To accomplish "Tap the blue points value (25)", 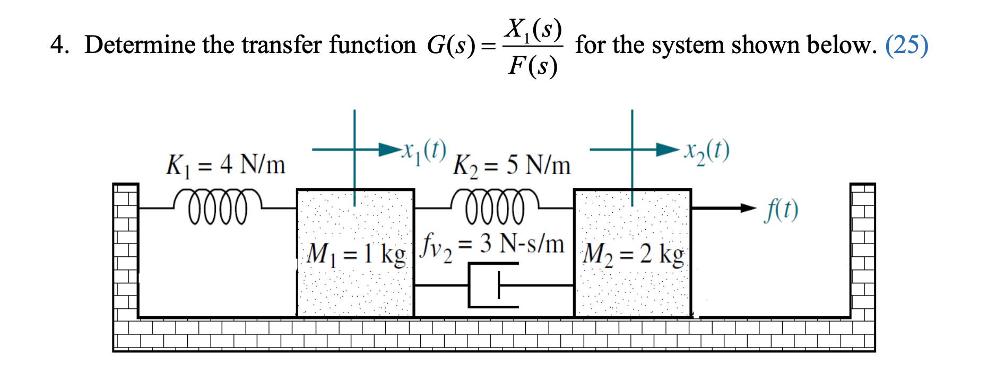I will pyautogui.click(x=906, y=45).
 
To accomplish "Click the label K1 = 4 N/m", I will pyautogui.click(x=226, y=165).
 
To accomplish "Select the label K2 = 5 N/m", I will pyautogui.click(x=512, y=166).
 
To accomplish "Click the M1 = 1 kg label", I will pyautogui.click(x=356, y=254).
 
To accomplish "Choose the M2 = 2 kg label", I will pyautogui.click(x=633, y=254).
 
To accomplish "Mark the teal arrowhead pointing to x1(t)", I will pyautogui.click(x=390, y=149).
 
